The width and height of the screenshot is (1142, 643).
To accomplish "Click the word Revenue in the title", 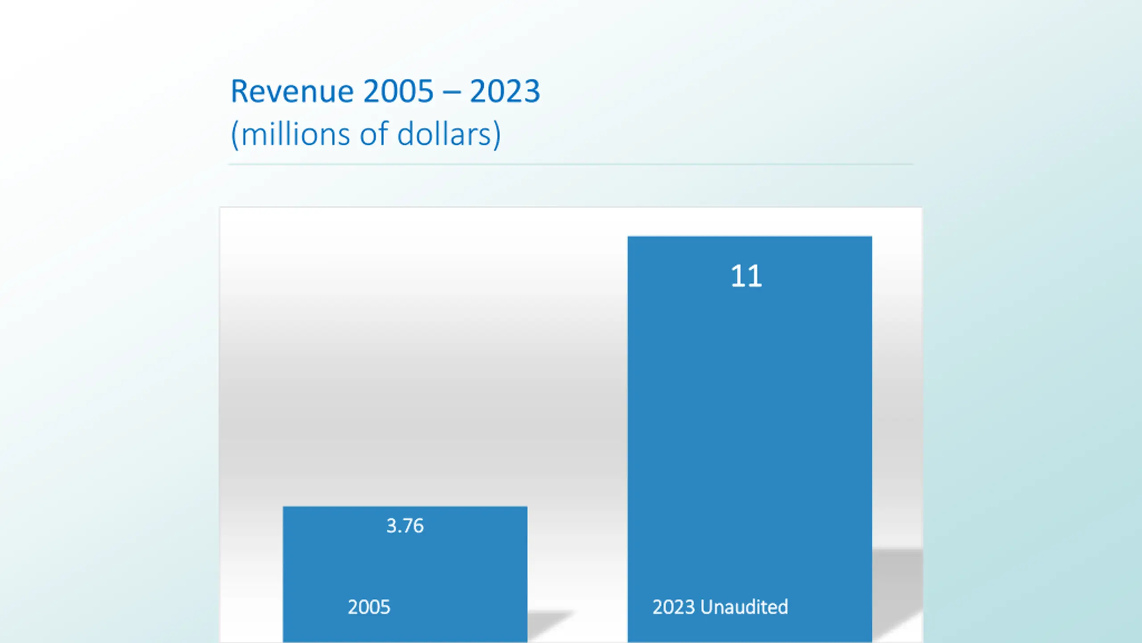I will point(292,92).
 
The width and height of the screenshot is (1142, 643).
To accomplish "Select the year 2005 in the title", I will point(398,92).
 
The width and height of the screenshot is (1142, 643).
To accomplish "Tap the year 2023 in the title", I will point(505,92).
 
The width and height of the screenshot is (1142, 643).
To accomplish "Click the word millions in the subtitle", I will point(295,134).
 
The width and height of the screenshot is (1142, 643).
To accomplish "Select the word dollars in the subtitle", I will point(444,134).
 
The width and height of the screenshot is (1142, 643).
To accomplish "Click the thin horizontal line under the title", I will point(571,164).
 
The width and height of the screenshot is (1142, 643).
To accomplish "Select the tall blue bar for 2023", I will point(749,424).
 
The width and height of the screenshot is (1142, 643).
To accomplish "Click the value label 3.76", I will point(405,526).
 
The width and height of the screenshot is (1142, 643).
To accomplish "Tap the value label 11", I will point(746,276).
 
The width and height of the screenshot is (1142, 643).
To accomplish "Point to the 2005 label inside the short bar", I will point(369,607).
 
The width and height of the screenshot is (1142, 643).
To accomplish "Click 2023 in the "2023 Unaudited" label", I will point(674,607).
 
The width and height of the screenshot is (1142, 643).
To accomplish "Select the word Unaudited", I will point(744,607).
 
